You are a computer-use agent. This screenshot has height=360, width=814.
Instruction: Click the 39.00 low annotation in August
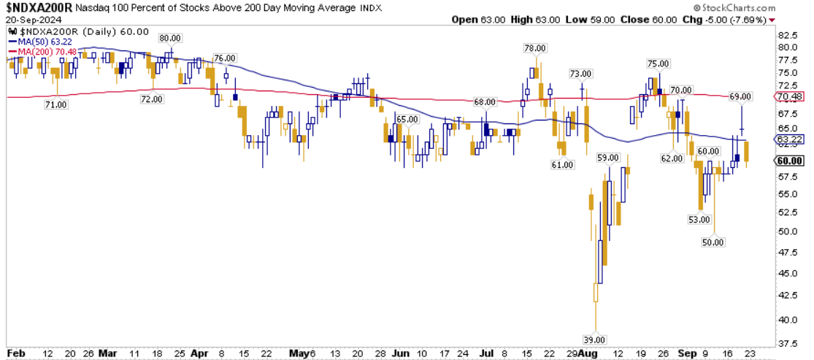pos(596,340)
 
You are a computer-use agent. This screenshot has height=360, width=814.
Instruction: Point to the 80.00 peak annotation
pos(169,37)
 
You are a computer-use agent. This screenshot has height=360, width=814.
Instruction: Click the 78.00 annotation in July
pos(535,47)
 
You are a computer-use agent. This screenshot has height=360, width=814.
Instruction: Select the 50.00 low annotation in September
pos(714,242)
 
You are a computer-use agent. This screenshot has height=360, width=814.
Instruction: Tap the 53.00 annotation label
pos(699,219)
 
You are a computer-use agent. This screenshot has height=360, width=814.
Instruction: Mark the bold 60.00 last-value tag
pos(791,161)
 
